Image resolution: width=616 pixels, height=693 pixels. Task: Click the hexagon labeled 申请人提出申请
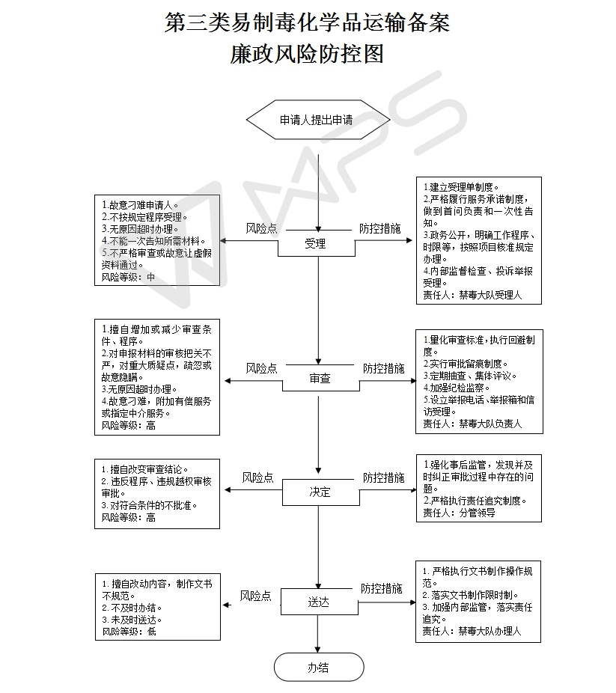318,120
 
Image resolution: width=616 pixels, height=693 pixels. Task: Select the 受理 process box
317,243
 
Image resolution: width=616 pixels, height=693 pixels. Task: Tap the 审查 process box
321,378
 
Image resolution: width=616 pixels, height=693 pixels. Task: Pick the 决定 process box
321,492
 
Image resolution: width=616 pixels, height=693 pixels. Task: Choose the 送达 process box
319,602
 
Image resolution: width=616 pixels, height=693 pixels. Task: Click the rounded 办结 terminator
319,667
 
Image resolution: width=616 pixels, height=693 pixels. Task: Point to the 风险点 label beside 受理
262,228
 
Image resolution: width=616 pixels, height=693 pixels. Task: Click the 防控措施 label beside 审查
383,368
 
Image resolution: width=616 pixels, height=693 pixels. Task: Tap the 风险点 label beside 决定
257,477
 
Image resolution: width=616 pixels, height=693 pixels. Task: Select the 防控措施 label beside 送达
382,588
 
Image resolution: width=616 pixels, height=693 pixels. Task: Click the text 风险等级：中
128,277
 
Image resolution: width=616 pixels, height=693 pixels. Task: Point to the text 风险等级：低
129,632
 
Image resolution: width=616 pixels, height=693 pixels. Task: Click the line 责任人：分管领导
459,513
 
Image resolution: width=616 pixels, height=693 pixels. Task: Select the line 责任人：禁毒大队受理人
472,295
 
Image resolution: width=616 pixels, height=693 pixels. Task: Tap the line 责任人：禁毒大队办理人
472,631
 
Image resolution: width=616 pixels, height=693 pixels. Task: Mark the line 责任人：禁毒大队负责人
472,424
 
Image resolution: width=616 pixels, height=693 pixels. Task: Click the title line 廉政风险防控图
307,54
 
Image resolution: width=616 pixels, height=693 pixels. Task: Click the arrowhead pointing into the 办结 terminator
317,649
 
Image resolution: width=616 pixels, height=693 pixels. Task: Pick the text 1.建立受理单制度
461,187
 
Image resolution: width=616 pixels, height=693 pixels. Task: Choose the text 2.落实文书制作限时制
470,595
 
